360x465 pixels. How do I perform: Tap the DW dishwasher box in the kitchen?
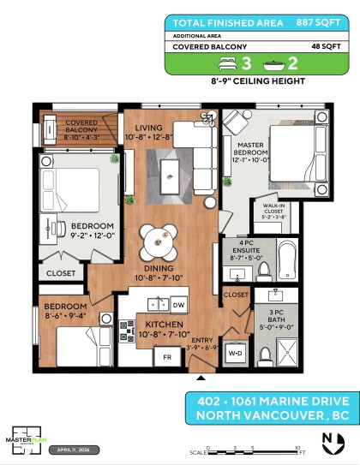178,305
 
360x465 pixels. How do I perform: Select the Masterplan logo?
26,437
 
